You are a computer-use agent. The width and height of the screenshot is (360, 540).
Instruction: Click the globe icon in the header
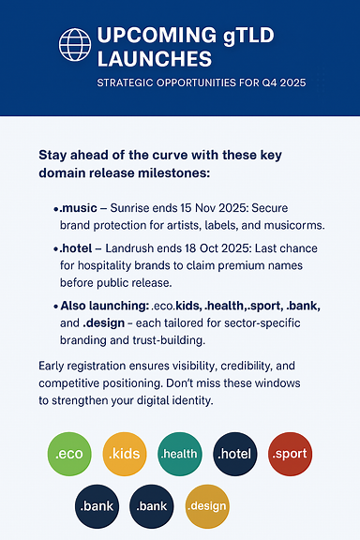coord(75,45)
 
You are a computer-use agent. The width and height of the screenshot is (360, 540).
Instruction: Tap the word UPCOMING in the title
coord(157,35)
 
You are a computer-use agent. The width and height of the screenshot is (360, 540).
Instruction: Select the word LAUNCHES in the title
coord(155,58)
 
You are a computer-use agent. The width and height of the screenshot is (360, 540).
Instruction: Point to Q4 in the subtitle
coord(266,83)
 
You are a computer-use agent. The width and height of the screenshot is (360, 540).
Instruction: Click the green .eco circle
coord(69,454)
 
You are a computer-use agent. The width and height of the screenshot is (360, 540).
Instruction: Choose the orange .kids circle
coord(125,454)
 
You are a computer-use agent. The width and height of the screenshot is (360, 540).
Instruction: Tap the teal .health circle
coord(179,454)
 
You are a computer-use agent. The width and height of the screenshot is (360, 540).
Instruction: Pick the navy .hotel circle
coord(235,454)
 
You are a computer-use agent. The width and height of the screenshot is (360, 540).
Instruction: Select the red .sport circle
coord(290,454)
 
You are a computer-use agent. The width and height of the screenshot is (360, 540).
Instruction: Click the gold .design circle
coord(207,506)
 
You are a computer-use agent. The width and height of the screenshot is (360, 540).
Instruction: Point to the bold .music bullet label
coord(78,208)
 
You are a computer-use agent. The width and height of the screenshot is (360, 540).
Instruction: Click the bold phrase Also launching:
coord(105,306)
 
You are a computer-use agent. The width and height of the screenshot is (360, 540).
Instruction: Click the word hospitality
coord(104,265)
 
